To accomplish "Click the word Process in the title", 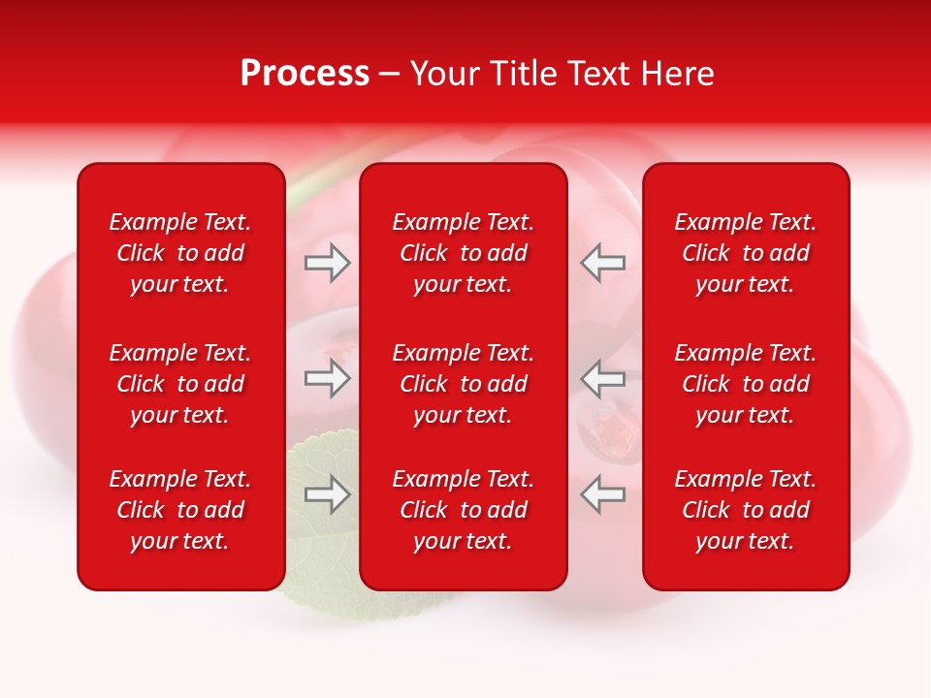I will pos(305,74).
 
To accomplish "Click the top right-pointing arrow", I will pos(327,263).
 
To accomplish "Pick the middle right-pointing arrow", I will pos(327,378).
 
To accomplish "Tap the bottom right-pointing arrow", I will pos(327,494).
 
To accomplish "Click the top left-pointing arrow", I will pos(602,263).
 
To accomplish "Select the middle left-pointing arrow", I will pos(602,378).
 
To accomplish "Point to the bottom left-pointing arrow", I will pos(602,494).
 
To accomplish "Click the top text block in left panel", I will pos(180,253).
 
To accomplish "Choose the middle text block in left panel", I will pos(180,384).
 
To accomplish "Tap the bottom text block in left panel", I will pos(180,510).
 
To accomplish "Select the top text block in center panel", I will pos(464,253).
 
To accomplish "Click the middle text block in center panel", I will pos(464,384).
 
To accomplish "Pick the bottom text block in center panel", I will pos(464,510).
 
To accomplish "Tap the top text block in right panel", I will pos(746,253).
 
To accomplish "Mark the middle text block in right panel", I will pos(746,384).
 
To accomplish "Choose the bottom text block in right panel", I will pos(746,510).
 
